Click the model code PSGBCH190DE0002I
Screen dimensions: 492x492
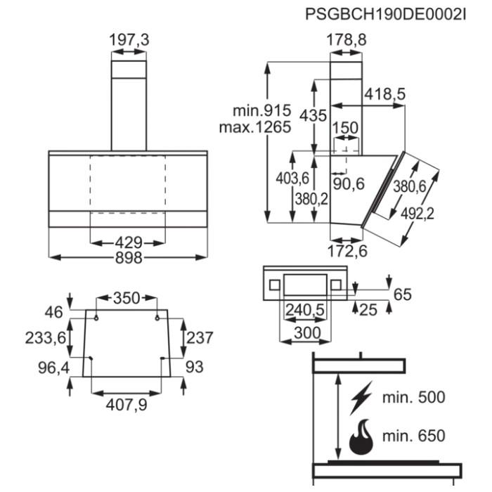(386, 14)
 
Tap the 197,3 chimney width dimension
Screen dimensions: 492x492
(129, 41)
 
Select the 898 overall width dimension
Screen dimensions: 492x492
(129, 257)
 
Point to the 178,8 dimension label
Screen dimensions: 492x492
(347, 41)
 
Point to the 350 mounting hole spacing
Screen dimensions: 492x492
(127, 297)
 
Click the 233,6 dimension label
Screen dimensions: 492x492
(47, 338)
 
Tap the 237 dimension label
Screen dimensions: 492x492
(200, 338)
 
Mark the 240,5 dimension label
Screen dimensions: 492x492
(304, 310)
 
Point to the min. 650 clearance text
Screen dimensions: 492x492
(413, 436)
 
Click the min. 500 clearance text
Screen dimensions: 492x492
(413, 397)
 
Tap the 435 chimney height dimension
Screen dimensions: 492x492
(313, 115)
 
